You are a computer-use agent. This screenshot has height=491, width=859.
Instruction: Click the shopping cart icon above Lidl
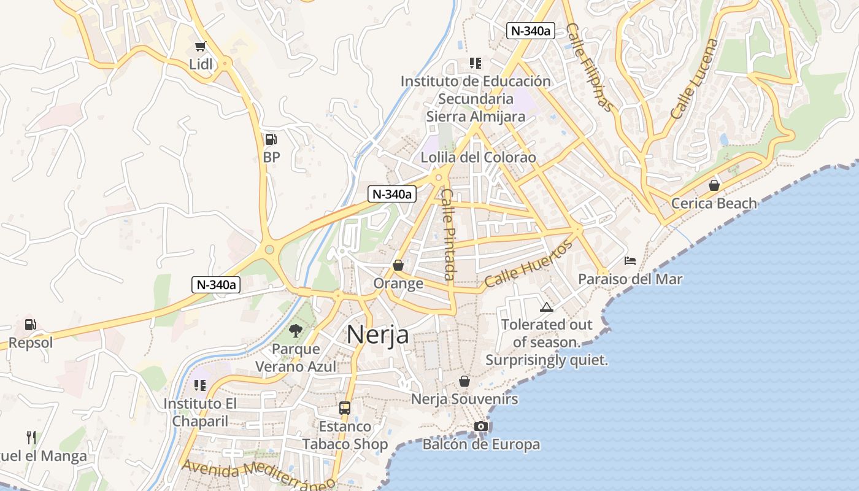tap(200, 47)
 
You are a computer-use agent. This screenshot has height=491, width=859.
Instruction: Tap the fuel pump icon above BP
tap(271, 139)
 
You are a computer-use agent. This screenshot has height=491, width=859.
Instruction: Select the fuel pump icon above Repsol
tap(30, 325)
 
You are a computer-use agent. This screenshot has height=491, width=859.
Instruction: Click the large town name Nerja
tap(377, 334)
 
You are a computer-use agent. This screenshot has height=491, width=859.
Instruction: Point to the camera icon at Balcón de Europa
tap(481, 426)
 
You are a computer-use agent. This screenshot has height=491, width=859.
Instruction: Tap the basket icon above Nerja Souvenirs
tap(464, 381)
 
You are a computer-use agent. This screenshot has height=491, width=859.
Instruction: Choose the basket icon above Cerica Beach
tap(714, 185)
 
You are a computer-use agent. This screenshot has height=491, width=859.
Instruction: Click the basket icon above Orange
tap(398, 265)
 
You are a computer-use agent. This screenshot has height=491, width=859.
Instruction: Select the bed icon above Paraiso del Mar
tap(630, 261)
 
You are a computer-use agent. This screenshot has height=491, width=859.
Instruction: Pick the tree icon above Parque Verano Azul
tap(296, 331)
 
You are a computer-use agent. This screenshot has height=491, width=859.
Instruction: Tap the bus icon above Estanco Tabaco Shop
tap(345, 408)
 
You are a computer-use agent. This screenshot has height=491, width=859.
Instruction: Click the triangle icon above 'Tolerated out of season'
tap(546, 307)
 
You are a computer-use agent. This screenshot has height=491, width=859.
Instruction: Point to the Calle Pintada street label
tap(449, 234)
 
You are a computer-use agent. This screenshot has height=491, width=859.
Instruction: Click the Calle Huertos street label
tap(528, 265)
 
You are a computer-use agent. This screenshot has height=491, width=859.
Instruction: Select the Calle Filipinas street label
tap(590, 68)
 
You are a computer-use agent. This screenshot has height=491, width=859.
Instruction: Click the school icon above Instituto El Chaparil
tap(199, 385)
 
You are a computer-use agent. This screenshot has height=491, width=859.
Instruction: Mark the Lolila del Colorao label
tap(478, 158)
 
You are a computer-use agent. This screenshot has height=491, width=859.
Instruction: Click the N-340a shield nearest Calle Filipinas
tap(530, 31)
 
